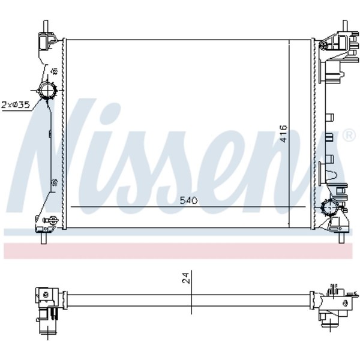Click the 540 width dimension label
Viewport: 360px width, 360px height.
[x=188, y=200]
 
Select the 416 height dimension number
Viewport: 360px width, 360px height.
[x=284, y=134]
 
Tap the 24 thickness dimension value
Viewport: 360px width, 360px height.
[x=186, y=278]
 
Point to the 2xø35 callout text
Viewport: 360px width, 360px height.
[x=16, y=105]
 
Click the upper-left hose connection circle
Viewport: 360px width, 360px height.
[x=48, y=91]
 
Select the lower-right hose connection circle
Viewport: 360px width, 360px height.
[x=330, y=207]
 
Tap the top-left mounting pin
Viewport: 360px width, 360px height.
[x=46, y=26]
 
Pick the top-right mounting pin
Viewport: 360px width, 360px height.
[x=345, y=26]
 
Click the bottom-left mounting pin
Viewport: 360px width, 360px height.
[x=43, y=238]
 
